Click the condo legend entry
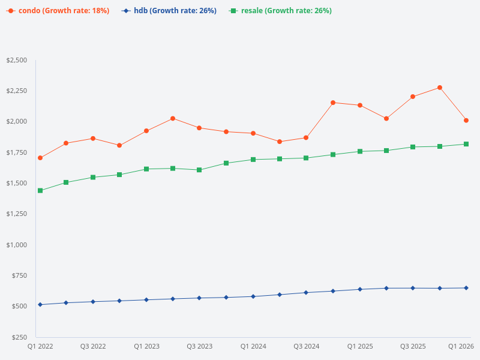[x=58, y=11]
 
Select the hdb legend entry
[x=169, y=11]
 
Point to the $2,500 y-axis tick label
[x=16, y=60]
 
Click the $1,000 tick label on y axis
[x=16, y=245]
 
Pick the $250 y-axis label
[x=19, y=337]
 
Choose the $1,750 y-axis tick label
[x=16, y=152]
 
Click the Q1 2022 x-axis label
[x=40, y=346]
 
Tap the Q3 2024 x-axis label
[x=306, y=346]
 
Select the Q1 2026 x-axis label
[x=462, y=346]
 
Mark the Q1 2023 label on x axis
[x=146, y=346]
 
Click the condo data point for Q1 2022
[x=40, y=158]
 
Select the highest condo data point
[x=440, y=88]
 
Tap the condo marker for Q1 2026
[x=466, y=121]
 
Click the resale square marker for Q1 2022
[x=40, y=191]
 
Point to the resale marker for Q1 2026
[x=466, y=144]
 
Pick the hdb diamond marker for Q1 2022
[x=40, y=305]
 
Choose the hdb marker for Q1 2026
[x=466, y=288]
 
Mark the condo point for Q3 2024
[x=306, y=138]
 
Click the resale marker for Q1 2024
[x=253, y=160]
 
